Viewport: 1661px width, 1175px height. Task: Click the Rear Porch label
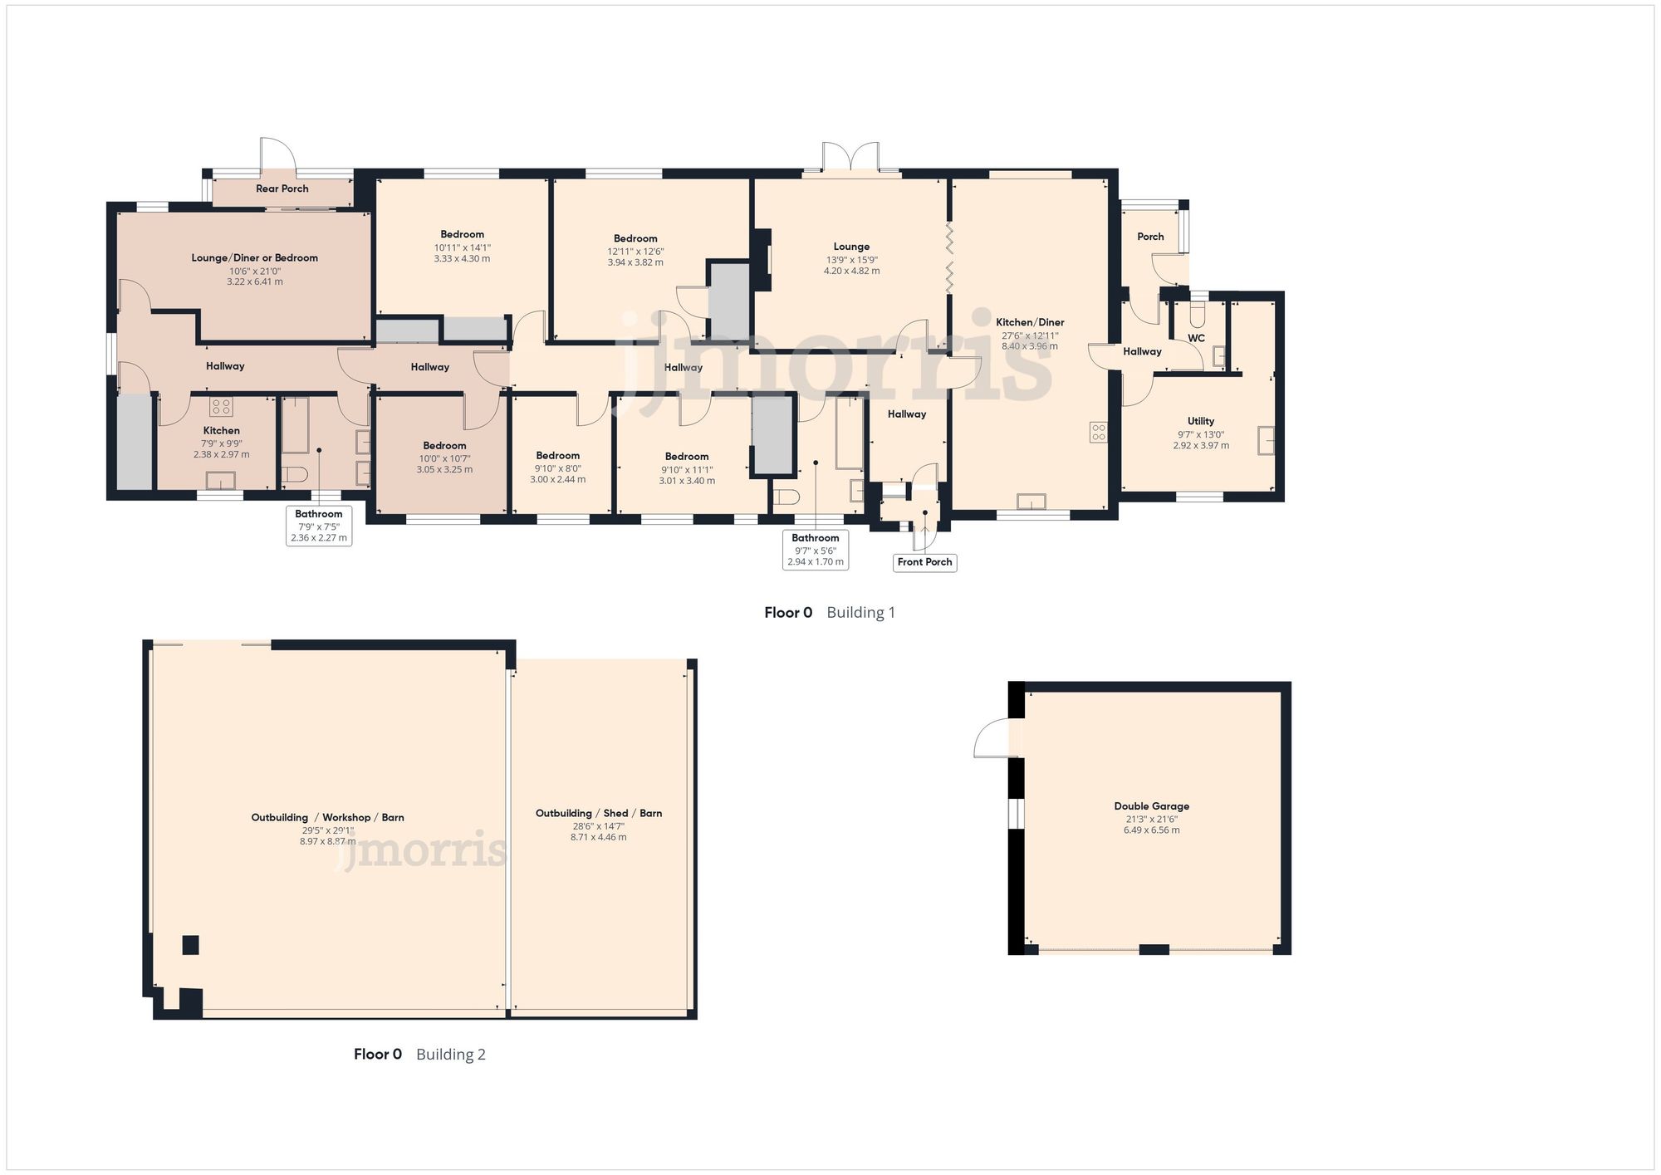(x=282, y=188)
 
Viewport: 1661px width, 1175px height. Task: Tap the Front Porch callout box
(x=924, y=562)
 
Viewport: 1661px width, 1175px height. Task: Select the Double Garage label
(x=1151, y=806)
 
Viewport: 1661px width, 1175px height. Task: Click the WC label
(x=1196, y=338)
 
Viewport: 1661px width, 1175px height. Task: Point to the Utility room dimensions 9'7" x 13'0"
(x=1200, y=434)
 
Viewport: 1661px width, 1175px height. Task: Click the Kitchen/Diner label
(x=1030, y=322)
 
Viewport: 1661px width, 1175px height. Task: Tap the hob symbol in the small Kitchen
(x=221, y=407)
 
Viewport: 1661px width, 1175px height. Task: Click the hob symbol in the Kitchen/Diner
(x=1098, y=432)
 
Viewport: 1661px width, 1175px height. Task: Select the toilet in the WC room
(x=1197, y=314)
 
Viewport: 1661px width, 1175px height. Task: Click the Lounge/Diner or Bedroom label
(x=254, y=257)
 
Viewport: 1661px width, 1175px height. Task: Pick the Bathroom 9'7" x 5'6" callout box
(x=815, y=550)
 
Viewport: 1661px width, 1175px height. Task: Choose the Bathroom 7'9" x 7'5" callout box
(x=318, y=526)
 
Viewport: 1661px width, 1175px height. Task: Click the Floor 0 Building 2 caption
(x=419, y=1054)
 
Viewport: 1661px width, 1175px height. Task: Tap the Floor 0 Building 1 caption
(x=829, y=613)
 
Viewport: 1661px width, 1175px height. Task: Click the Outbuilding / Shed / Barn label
(x=598, y=813)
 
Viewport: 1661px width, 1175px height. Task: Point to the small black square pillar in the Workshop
(x=191, y=945)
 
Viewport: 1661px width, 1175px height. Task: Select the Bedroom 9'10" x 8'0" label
(x=557, y=455)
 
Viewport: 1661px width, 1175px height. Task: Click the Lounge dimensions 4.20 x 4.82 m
(x=851, y=271)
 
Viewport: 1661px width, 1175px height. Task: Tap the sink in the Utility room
(x=1266, y=440)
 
